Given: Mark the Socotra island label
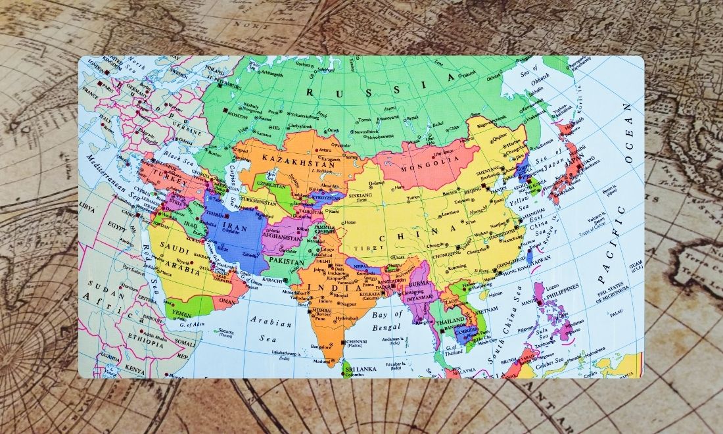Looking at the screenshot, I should [x=227, y=331].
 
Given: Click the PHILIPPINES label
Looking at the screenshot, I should [x=562, y=287].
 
